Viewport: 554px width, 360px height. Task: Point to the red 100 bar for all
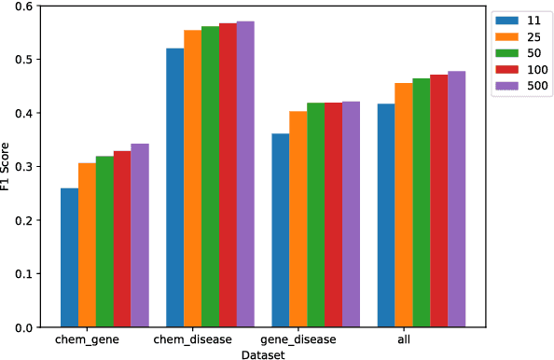point(438,201)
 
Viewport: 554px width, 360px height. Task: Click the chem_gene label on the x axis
point(87,340)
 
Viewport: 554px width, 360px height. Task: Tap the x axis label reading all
point(403,340)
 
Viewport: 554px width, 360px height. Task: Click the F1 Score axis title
point(7,167)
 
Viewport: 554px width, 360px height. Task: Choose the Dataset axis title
point(262,354)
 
